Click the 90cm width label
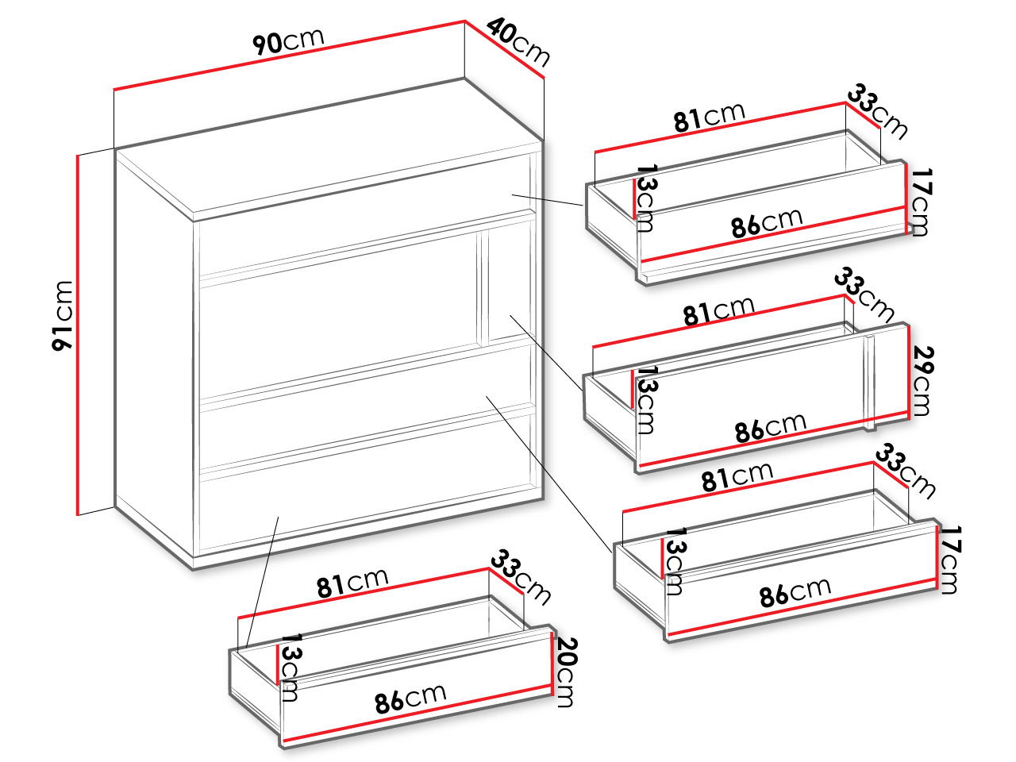288,41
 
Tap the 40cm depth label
518,42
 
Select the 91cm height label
63,316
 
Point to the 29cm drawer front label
922,381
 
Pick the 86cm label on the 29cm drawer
771,428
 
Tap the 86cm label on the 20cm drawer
410,698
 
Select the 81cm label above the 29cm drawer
719,311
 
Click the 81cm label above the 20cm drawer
352,583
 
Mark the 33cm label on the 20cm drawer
521,577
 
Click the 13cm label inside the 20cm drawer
291,668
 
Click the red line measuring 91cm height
78,334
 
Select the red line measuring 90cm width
289,55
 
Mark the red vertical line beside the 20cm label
552,663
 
